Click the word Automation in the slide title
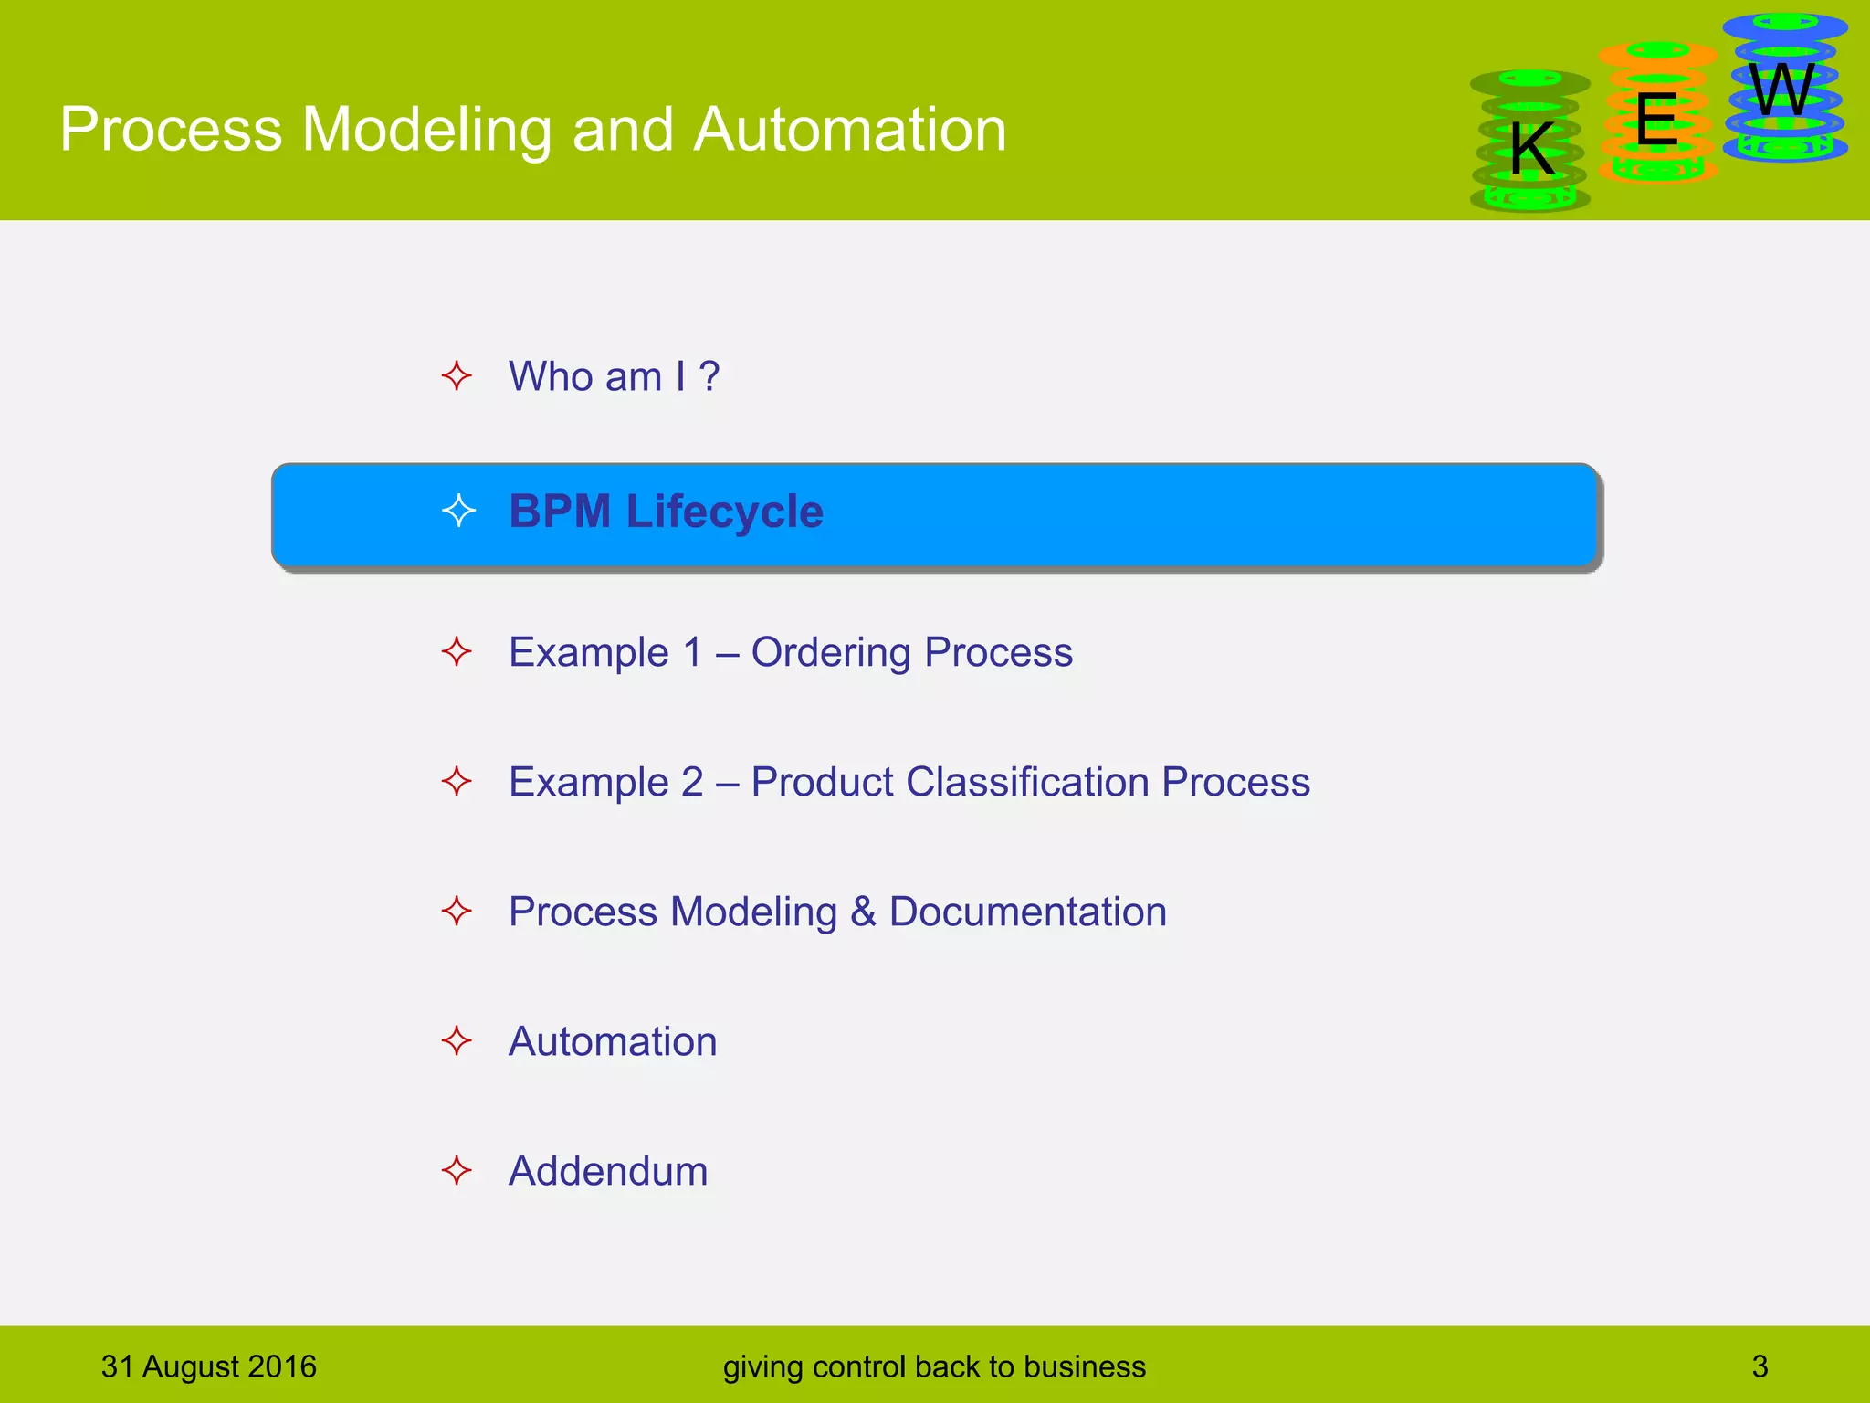pyautogui.click(x=849, y=129)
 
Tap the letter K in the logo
pyautogui.click(x=1531, y=149)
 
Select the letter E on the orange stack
pyautogui.click(x=1656, y=120)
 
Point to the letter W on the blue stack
pyautogui.click(x=1782, y=90)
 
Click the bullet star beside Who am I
pyautogui.click(x=457, y=376)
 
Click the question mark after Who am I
pyautogui.click(x=709, y=376)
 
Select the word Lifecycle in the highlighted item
pyautogui.click(x=724, y=512)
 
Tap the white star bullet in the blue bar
pyautogui.click(x=458, y=511)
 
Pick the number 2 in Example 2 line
pyautogui.click(x=691, y=783)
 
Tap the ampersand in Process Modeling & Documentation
pyautogui.click(x=862, y=912)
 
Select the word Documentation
pyautogui.click(x=1027, y=912)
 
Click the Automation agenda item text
pyautogui.click(x=612, y=1042)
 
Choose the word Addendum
pyautogui.click(x=607, y=1172)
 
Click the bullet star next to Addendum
pyautogui.click(x=457, y=1171)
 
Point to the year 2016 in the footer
pyautogui.click(x=281, y=1366)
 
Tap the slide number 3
pyautogui.click(x=1760, y=1366)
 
